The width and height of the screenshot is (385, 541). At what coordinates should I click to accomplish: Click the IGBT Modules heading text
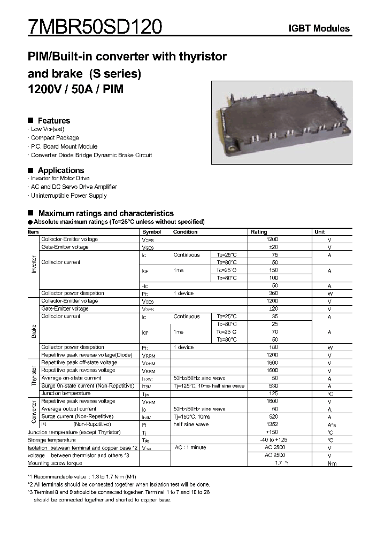click(x=319, y=28)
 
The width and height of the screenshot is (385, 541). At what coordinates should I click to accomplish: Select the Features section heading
click(x=53, y=121)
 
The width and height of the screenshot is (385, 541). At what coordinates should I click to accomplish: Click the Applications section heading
click(x=60, y=171)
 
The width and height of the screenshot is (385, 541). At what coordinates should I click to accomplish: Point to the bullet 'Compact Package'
click(x=55, y=138)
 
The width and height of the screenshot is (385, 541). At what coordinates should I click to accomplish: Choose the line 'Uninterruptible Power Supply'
click(x=68, y=196)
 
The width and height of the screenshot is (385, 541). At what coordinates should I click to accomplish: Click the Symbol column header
click(x=152, y=232)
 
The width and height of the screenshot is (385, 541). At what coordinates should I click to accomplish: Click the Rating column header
click(x=259, y=232)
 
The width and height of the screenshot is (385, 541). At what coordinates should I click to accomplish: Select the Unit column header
click(x=320, y=232)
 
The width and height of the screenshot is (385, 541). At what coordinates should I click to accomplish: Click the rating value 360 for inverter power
click(x=273, y=293)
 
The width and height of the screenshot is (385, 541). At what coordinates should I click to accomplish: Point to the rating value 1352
click(x=272, y=424)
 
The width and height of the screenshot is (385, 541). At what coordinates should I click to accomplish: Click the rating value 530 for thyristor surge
click(x=273, y=386)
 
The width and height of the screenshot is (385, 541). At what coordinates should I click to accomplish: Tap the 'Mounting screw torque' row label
click(x=55, y=463)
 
